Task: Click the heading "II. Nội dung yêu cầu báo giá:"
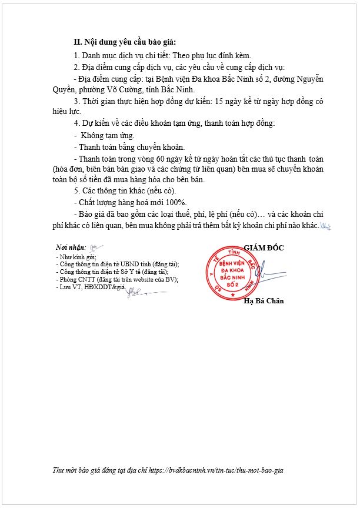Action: tap(124, 42)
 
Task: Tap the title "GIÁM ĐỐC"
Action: tap(264, 247)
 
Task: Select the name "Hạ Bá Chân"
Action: tap(264, 301)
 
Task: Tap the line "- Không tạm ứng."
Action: tap(104, 135)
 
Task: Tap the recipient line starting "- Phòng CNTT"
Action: tap(116, 279)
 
